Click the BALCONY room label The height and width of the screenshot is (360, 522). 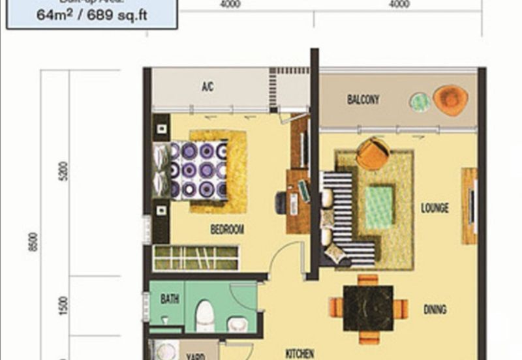363,100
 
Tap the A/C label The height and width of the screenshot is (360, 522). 208,87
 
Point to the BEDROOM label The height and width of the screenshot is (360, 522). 227,230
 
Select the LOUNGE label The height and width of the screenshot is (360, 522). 435,209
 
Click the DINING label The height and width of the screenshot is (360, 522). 435,310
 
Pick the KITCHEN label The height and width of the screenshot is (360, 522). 300,353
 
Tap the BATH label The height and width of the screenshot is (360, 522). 170,299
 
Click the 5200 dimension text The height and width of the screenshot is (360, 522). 61,175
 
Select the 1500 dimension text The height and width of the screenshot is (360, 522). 61,306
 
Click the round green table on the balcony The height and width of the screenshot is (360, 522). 420,102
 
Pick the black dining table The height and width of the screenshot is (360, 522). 368,308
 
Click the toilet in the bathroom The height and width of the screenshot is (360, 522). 205,316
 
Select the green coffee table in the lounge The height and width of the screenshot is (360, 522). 379,207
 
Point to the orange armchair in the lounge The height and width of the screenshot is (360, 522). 373,154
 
